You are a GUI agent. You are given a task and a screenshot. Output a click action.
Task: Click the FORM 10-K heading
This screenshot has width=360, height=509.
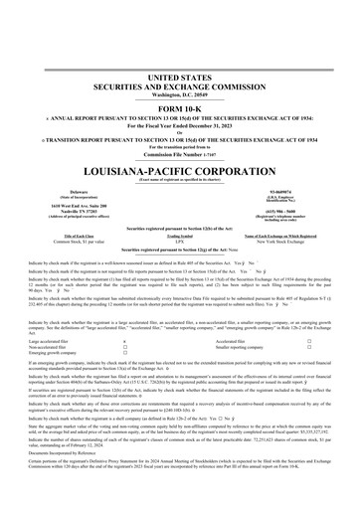click(179, 108)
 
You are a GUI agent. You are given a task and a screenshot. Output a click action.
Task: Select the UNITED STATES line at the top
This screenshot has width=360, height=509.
click(179, 77)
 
